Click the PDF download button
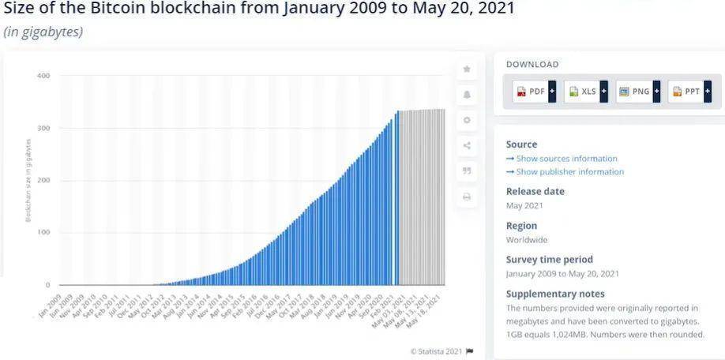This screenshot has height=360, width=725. (535, 92)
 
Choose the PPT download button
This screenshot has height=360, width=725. (689, 92)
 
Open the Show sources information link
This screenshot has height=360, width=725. (566, 159)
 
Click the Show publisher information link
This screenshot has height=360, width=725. (569, 172)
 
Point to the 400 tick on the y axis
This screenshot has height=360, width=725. (43, 76)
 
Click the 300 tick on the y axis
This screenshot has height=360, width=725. (43, 128)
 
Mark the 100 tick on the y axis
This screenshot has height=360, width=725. (43, 232)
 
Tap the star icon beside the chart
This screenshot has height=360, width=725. (467, 69)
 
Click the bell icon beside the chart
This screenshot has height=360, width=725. (467, 95)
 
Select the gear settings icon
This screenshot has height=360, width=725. (467, 120)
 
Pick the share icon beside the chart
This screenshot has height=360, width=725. (467, 145)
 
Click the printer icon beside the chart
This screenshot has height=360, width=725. (467, 196)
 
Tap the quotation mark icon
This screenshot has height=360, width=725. (467, 171)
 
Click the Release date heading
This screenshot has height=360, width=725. (535, 192)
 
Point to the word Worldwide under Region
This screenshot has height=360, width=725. (527, 240)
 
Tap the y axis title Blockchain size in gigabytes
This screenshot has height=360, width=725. (28, 180)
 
